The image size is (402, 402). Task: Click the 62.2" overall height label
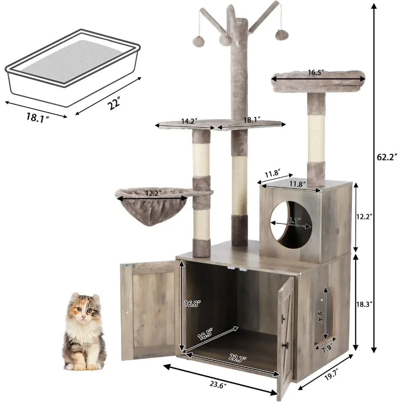point(387,157)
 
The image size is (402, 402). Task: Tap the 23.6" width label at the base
point(219,385)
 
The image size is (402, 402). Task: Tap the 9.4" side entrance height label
point(320,318)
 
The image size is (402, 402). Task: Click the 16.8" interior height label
point(192,304)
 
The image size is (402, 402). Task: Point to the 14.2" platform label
point(189,121)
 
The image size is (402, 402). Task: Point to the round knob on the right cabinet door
point(286,345)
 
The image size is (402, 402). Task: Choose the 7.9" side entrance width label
point(327,349)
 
